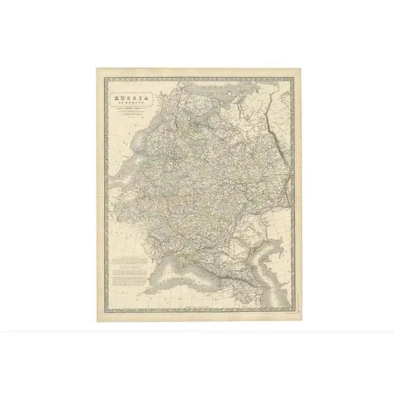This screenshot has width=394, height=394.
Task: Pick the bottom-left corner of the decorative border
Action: click(x=106, y=311)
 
